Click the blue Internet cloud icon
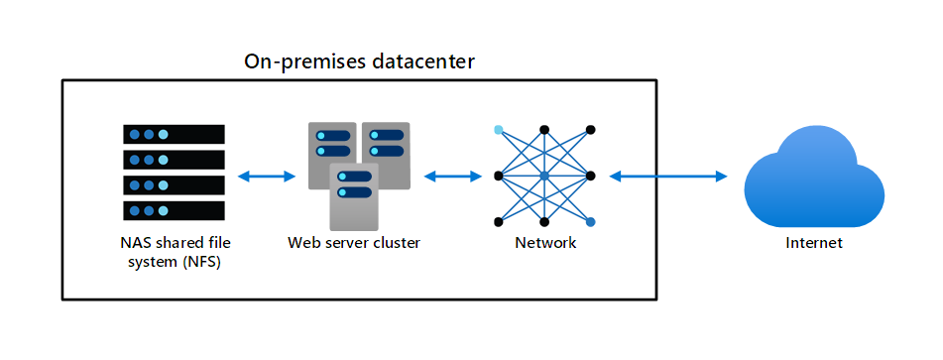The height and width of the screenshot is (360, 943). coord(814,180)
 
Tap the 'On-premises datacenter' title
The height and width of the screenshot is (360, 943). coord(359,61)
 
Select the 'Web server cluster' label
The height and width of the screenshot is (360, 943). coord(354,243)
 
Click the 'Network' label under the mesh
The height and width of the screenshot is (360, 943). coord(545,243)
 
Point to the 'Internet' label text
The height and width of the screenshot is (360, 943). coord(814,243)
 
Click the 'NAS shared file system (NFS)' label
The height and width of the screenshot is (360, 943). coord(175,253)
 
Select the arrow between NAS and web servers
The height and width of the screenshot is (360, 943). coord(267,177)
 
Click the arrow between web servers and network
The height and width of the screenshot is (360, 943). coord(453,177)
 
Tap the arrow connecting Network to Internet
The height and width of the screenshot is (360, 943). coord(668,177)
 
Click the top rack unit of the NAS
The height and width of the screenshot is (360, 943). coord(174,134)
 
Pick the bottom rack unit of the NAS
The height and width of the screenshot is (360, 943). coord(174,210)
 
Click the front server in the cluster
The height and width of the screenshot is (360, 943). coord(354,196)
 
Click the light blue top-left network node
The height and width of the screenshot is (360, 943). coord(498,129)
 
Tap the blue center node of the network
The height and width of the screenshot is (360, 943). coord(544,177)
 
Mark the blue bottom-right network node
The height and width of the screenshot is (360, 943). coord(591,222)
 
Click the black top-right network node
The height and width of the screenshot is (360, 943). coord(591,129)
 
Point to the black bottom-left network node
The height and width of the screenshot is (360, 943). coord(498,222)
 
